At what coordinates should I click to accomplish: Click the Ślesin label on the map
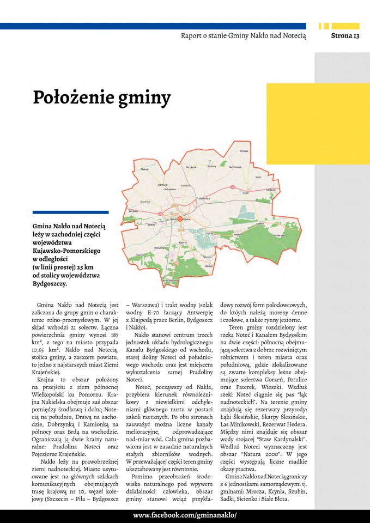246,192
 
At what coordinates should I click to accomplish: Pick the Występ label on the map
244,150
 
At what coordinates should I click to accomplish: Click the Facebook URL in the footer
185,515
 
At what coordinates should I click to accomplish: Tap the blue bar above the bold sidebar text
70,212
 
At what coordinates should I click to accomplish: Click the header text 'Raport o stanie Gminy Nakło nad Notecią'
244,36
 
